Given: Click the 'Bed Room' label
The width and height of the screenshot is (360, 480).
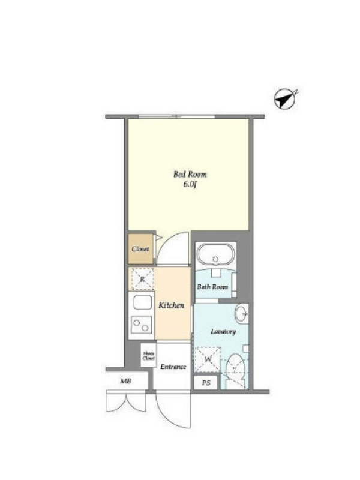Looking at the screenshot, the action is pos(190,174).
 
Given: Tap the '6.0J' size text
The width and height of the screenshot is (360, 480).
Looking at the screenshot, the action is pos(190,185).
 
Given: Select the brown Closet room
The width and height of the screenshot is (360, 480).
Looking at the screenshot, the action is pos(140,249).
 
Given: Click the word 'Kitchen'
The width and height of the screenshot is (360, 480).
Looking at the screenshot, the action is pos(171,305).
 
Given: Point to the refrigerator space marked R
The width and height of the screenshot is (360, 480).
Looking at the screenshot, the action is pos(142,279).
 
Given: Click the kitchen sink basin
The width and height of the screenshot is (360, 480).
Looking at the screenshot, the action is pos(143,303).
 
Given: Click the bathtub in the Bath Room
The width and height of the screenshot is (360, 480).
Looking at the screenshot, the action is pos(216,254).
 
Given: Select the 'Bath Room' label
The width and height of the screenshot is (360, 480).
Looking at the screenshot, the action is pos(212,287).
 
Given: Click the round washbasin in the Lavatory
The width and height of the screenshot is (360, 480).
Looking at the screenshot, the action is pos(241,313).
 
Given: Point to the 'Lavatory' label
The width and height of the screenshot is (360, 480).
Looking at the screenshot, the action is pos(223,332).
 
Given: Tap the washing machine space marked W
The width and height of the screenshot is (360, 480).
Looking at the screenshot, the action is pos(208,359).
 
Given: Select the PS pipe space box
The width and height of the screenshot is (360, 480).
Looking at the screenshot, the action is pos(206,383).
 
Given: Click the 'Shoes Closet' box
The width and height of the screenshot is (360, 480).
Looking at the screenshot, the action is pos(148,355).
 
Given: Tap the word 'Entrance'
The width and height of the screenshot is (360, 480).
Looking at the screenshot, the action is pos(173,367).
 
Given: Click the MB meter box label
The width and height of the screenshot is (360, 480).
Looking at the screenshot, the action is pos(125,381).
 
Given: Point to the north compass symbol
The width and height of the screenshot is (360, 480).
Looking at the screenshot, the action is pos(285,98).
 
